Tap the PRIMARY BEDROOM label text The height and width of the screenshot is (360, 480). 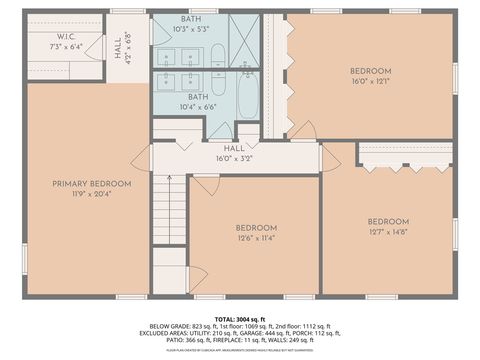(92, 183)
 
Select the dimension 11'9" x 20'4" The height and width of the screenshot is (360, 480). (92, 194)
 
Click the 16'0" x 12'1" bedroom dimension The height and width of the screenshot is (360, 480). (369, 82)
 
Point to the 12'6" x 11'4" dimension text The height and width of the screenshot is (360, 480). (255, 238)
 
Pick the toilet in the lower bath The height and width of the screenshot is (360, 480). (246, 132)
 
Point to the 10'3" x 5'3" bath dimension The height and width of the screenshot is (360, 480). (190, 29)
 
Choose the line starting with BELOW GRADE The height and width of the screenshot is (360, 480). (240, 325)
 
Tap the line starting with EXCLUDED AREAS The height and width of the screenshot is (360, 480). (240, 333)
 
